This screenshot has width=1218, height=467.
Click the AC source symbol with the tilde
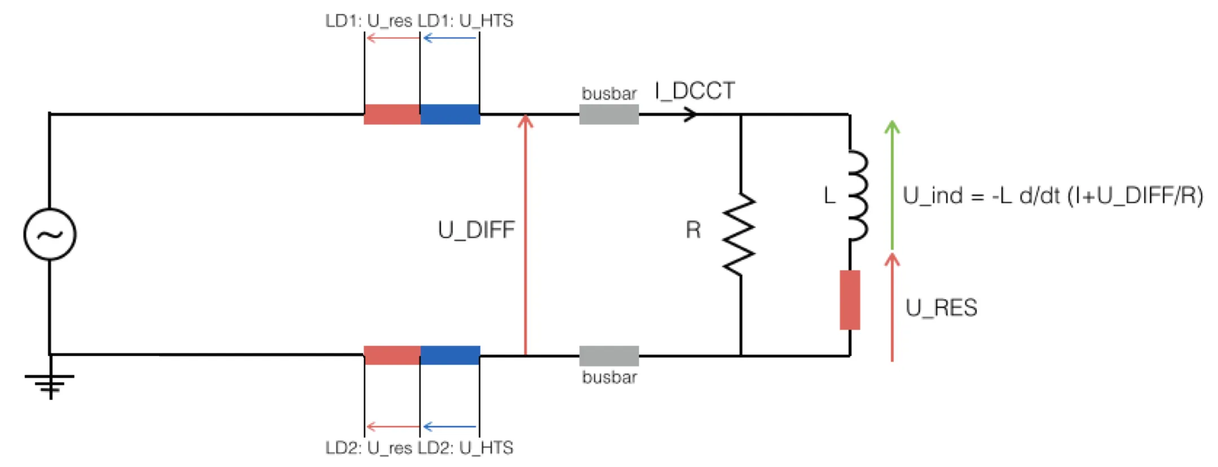[x=50, y=234]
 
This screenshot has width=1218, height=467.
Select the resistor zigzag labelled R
[x=739, y=235]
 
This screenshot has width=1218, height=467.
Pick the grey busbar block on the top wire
[x=609, y=114]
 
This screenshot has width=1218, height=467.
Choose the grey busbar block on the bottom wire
[x=609, y=356]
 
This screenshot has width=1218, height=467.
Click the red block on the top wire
[x=392, y=114]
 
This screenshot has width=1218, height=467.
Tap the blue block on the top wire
[x=450, y=114]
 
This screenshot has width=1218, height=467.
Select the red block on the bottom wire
[x=392, y=355]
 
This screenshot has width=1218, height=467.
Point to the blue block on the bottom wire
[x=450, y=355]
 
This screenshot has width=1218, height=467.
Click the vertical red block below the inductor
[x=850, y=300]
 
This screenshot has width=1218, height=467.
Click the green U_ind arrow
[x=892, y=184]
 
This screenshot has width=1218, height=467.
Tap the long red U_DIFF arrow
[x=526, y=235]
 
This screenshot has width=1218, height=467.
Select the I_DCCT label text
[x=695, y=91]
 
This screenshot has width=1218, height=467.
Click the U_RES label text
[x=941, y=308]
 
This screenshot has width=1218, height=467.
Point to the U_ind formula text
[x=1053, y=196]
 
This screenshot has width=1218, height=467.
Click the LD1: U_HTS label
[x=465, y=21]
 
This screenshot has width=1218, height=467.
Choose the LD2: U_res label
[x=369, y=448]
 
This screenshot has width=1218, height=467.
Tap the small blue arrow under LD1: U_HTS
[x=449, y=38]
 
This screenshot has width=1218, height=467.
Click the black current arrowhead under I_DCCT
[x=690, y=114]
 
